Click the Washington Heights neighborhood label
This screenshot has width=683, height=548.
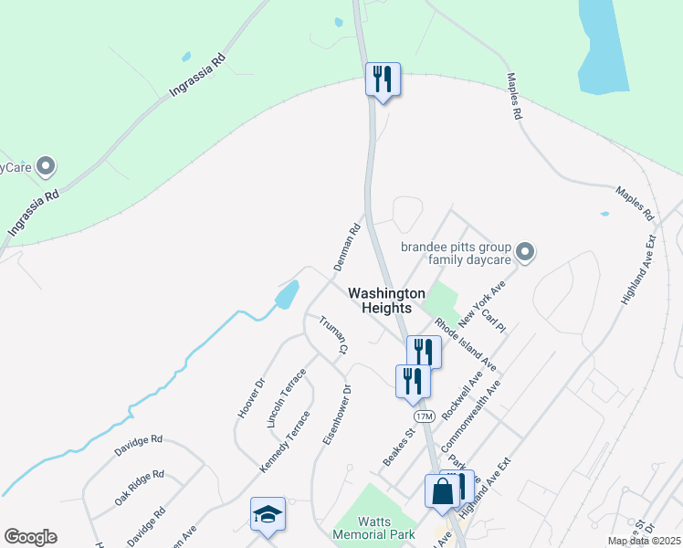click(386, 300)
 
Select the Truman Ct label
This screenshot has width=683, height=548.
click(333, 335)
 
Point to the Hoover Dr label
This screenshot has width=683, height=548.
click(250, 398)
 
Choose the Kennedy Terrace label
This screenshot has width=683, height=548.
click(285, 441)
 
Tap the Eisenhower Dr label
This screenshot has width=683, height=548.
click(337, 415)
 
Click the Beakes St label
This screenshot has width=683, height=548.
click(398, 445)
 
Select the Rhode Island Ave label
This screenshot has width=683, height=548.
click(465, 344)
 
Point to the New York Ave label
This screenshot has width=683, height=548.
click(482, 305)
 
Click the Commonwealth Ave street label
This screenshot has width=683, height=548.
click(471, 419)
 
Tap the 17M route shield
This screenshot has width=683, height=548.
click(424, 416)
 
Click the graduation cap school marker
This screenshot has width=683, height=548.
click(268, 516)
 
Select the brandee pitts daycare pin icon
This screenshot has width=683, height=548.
click(525, 250)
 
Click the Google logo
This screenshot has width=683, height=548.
click(30, 537)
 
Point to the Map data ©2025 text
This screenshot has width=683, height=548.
click(644, 541)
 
